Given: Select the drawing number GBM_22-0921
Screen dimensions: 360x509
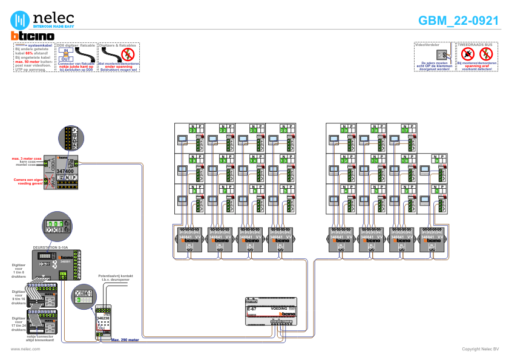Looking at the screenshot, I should (x=458, y=21).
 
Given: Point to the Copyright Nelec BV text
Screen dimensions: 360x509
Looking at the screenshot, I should (x=480, y=349).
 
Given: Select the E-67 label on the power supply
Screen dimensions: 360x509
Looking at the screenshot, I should (x=252, y=309).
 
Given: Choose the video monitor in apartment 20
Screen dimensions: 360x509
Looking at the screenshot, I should (x=273, y=139).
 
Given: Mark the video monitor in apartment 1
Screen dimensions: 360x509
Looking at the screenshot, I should (x=424, y=199).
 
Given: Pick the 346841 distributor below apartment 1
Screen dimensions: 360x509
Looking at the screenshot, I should (x=432, y=239).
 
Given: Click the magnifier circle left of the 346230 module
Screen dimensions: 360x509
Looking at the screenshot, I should (x=84, y=298).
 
